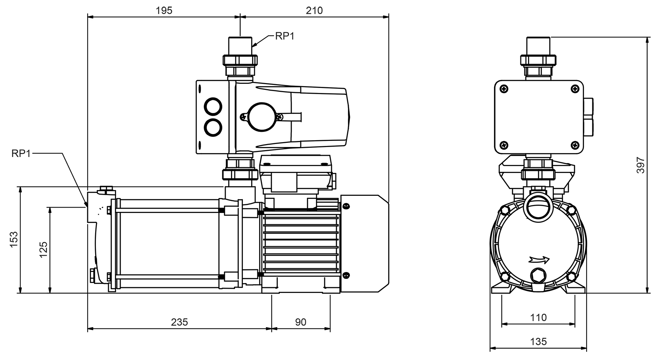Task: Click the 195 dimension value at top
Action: pos(164,10)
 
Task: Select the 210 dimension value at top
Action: pos(314,10)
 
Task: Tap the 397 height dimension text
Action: pos(641,165)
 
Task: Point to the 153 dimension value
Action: pos(14,239)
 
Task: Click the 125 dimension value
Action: pos(43,250)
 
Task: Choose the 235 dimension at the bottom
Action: pos(179,322)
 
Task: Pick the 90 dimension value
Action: pos(300,322)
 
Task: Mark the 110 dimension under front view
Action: pos(538,318)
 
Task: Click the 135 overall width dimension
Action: pos(538,342)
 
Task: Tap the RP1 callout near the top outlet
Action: pos(285,36)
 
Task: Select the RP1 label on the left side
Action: pos(21,154)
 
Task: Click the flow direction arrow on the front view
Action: pos(539,260)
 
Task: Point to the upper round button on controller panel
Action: pos(213,107)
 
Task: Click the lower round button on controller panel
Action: pos(213,128)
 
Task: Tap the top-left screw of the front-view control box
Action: pos(504,89)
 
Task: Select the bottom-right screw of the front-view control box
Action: pos(575,145)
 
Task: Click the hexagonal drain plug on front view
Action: pos(538,275)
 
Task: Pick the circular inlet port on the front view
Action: pos(538,207)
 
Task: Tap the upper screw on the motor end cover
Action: pos(346,206)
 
